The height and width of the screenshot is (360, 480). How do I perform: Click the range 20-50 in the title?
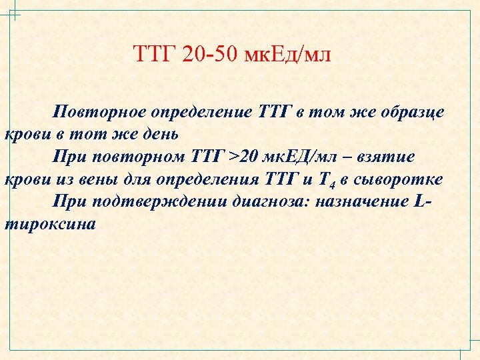click(x=212, y=54)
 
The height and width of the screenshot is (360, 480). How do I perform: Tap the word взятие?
click(x=387, y=157)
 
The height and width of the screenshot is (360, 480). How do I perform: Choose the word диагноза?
click(x=266, y=202)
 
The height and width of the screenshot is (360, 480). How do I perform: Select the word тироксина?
click(x=50, y=225)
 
